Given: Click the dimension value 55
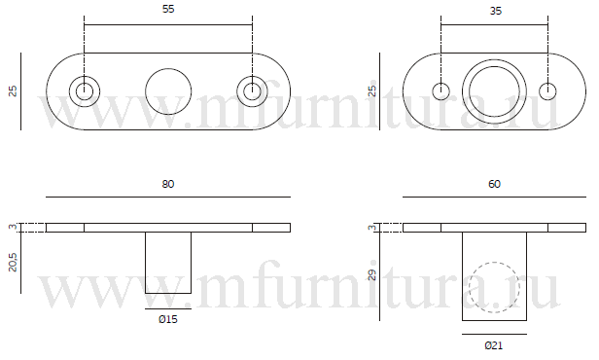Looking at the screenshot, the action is [168, 9].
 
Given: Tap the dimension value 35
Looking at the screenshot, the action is [496, 11].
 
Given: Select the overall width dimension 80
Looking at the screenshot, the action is [168, 184].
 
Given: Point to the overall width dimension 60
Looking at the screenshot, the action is [494, 184].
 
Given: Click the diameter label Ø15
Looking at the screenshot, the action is [168, 319].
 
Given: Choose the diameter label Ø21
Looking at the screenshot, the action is [494, 345].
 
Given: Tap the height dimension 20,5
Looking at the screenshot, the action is [13, 262].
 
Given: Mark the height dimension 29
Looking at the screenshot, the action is [372, 275].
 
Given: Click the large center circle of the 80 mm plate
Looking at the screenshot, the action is [168, 69].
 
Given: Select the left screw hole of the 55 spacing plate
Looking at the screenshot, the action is [85, 77].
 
